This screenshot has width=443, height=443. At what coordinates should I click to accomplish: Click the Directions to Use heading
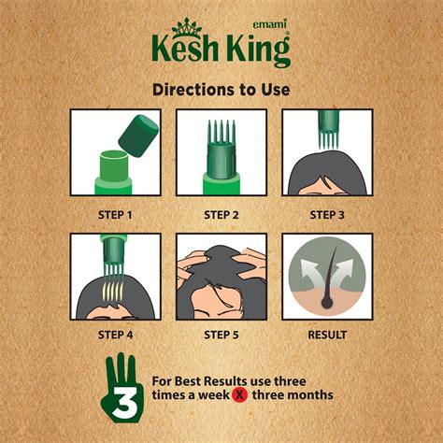(x=221, y=90)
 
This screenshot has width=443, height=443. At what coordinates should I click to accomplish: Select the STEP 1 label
(x=115, y=214)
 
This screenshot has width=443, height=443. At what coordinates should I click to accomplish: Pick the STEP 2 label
(x=221, y=214)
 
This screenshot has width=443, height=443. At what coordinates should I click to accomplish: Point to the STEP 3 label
(x=327, y=214)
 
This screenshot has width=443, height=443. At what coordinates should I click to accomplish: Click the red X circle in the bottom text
(x=267, y=394)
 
